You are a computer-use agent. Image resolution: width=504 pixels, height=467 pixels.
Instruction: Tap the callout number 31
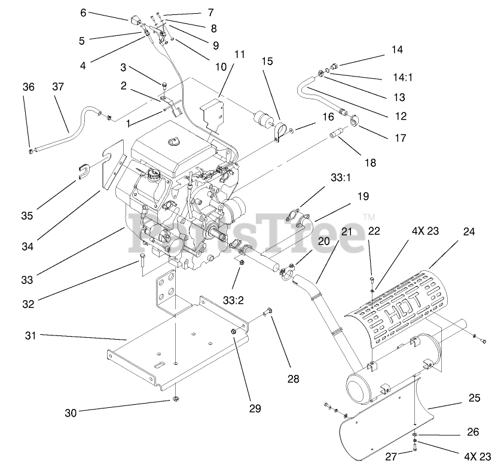click(30, 336)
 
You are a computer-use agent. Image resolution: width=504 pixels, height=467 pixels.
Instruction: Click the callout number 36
click(29, 87)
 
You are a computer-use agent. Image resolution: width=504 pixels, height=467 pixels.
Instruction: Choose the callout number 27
click(390, 457)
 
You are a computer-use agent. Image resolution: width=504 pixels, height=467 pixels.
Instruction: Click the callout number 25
click(475, 398)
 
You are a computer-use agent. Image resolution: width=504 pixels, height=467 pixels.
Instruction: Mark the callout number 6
click(83, 11)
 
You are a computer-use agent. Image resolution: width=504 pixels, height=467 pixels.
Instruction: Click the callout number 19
click(364, 196)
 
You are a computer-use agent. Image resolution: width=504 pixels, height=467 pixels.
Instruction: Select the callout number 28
click(292, 379)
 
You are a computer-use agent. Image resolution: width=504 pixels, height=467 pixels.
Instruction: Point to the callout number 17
click(400, 138)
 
